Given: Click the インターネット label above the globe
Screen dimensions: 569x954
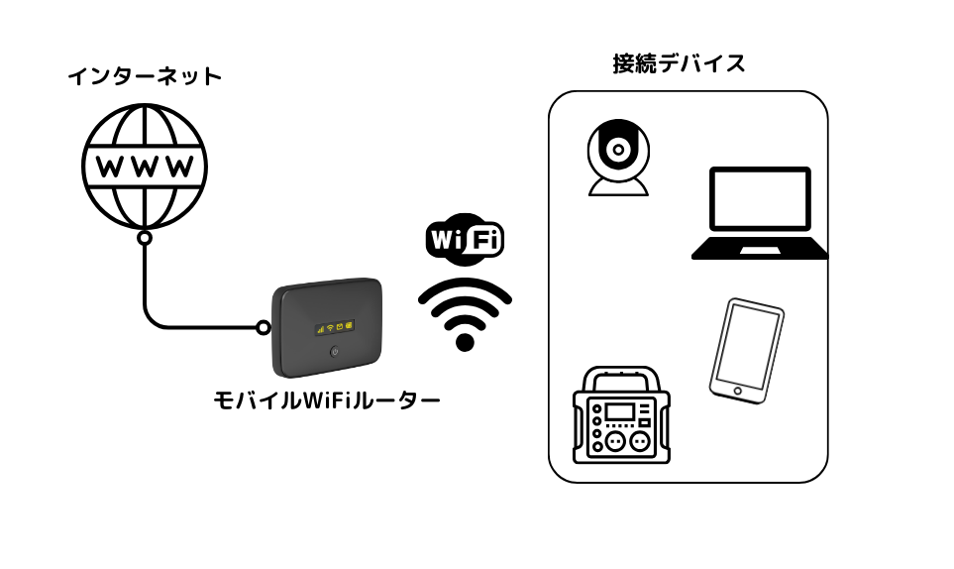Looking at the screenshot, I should [145, 76].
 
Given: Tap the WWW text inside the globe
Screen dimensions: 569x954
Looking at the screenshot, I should [145, 165].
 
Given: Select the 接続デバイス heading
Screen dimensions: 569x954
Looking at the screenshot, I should [679, 64].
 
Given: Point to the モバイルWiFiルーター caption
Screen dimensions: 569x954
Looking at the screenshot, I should [327, 400].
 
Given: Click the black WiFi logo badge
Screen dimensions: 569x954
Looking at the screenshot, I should [465, 239].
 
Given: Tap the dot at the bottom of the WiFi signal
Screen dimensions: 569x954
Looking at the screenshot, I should [465, 343].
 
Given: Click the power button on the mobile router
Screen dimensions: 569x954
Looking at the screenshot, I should [335, 352].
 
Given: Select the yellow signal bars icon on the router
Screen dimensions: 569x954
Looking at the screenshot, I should [319, 327].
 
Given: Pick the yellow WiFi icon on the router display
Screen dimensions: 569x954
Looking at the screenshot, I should [329, 327].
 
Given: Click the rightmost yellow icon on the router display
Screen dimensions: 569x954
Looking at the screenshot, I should [350, 326].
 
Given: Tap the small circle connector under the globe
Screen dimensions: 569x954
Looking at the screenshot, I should [145, 238].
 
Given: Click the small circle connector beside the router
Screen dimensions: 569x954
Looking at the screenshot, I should [264, 327].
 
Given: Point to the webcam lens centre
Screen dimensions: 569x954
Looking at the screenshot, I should [618, 151].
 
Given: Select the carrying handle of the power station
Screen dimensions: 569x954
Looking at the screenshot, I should [621, 376].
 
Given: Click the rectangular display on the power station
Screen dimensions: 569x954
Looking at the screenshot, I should [620, 411].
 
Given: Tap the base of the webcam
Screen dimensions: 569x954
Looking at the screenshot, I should [618, 187].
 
